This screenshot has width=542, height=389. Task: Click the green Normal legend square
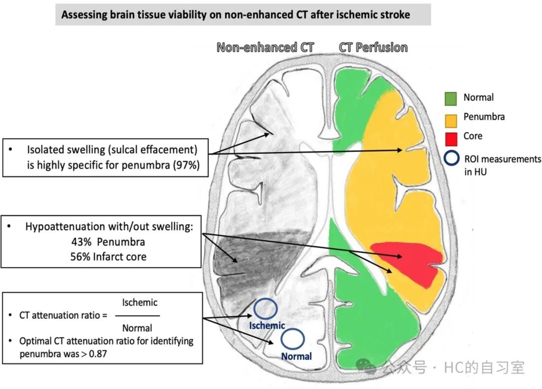pyautogui.click(x=451, y=98)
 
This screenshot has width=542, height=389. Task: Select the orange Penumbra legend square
pyautogui.click(x=451, y=120)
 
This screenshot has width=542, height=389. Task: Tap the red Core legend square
pyautogui.click(x=451, y=139)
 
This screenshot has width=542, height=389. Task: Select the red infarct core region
pyautogui.click(x=408, y=261)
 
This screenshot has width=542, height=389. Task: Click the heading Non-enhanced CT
pyautogui.click(x=265, y=47)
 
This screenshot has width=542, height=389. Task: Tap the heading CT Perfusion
pyautogui.click(x=373, y=47)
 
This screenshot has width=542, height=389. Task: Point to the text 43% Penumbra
pyautogui.click(x=108, y=242)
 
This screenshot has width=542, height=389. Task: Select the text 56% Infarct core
pyautogui.click(x=108, y=257)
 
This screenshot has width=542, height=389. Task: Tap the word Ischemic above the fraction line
pyautogui.click(x=140, y=303)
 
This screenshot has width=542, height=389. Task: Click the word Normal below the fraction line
pyautogui.click(x=137, y=328)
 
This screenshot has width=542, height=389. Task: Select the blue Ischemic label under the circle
pyautogui.click(x=267, y=325)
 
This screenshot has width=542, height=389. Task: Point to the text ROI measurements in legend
pyautogui.click(x=502, y=159)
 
